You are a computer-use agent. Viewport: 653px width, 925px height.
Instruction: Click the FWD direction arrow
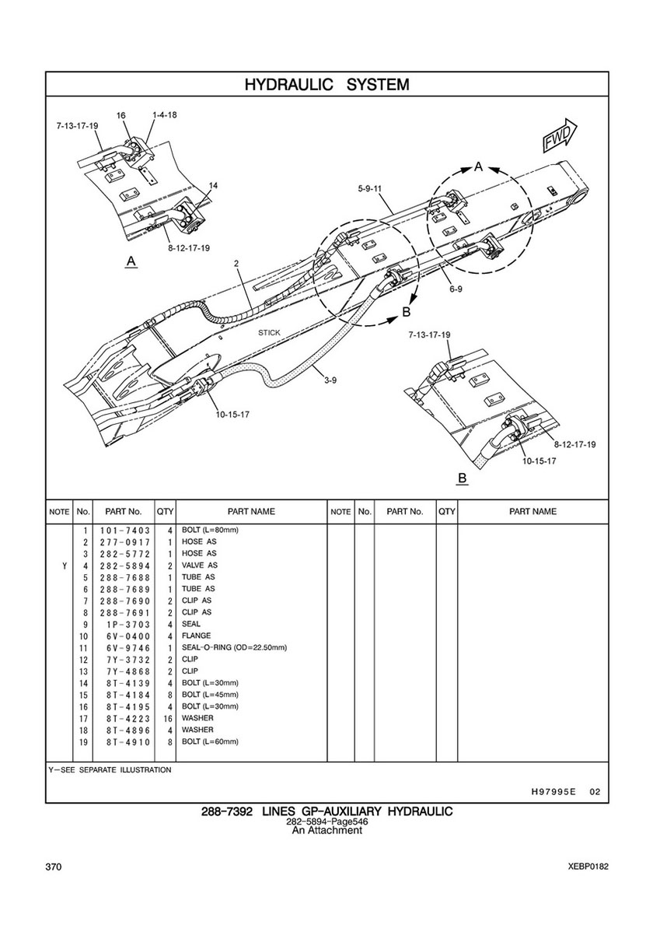tap(560, 135)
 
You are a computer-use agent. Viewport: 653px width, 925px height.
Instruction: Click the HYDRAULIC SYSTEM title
tap(326, 84)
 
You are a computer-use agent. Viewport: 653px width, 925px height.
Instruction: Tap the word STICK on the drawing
tap(269, 333)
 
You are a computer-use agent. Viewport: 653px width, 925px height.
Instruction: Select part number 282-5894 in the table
tap(125, 566)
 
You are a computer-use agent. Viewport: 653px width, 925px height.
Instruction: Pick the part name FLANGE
tap(196, 636)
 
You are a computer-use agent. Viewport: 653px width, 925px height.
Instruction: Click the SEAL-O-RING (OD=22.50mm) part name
tap(234, 648)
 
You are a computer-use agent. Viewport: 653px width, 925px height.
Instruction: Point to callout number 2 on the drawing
tap(236, 264)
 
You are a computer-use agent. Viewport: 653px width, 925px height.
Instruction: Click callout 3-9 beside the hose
tap(330, 380)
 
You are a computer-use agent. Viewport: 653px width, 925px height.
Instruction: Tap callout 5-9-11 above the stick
tap(369, 189)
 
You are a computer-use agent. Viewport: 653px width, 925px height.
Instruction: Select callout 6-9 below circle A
tap(455, 289)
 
